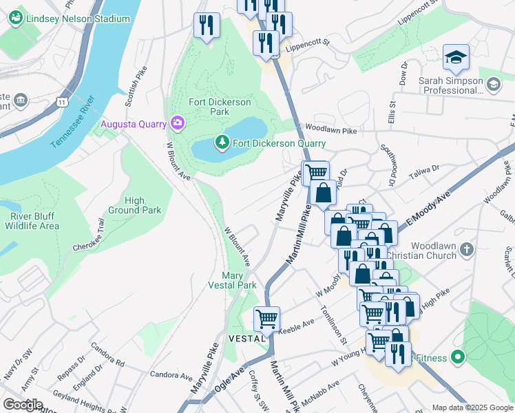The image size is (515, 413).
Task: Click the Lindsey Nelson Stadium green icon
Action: coord(17,19)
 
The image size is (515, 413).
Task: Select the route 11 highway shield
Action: coord(63,102)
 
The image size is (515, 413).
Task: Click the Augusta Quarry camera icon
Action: coord(178,124)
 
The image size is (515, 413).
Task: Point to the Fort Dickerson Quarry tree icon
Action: coord(222,143)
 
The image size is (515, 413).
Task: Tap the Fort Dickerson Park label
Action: coord(220,107)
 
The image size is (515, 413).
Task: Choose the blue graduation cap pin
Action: coord(456,58)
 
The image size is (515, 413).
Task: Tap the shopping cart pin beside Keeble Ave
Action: coord(266,319)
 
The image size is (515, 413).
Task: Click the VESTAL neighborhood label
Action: coord(246,339)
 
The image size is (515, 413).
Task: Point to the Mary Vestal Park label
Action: coord(233,280)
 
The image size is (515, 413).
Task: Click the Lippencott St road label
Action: coord(308,47)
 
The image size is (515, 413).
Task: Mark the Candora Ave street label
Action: coord(172,377)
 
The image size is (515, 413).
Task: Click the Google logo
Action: coord(23,405)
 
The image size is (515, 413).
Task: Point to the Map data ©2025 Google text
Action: coord(472,407)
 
